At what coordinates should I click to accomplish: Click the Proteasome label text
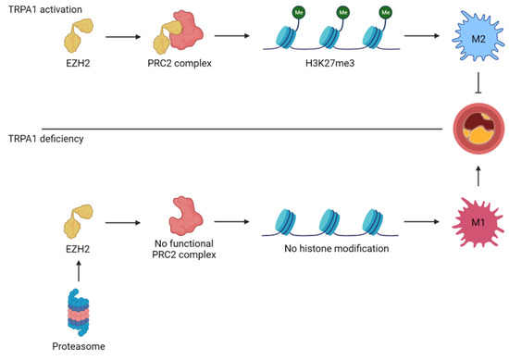coord(72,348)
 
